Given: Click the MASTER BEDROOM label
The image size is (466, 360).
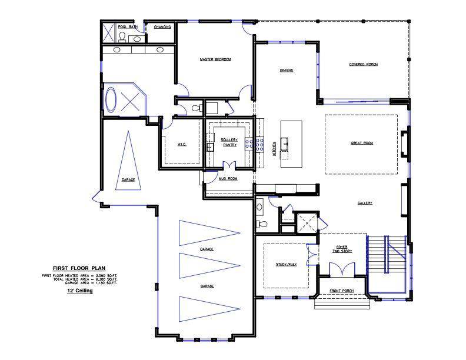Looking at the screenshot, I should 215,59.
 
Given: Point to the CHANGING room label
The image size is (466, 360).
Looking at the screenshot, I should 162,26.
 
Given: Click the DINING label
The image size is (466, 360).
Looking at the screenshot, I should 287,71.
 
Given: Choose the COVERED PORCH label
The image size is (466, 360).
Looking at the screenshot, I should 363,64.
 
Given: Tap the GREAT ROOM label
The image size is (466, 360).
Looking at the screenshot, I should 362,143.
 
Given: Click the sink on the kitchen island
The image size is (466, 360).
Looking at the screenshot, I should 285,142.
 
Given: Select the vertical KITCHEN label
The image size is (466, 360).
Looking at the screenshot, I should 274,148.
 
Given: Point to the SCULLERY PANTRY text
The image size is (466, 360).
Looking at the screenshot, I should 229,142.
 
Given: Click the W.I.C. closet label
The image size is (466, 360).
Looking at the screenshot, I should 182,144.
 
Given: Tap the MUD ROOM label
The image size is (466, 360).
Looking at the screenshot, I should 228,178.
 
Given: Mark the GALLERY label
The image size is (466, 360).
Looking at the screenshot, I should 365,203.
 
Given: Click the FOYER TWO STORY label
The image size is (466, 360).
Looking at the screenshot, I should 343,249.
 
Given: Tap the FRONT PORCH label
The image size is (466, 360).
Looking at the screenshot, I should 341,291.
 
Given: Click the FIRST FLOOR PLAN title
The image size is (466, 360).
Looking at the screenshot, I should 79,267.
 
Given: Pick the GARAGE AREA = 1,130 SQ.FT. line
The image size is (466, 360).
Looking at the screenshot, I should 91,282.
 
